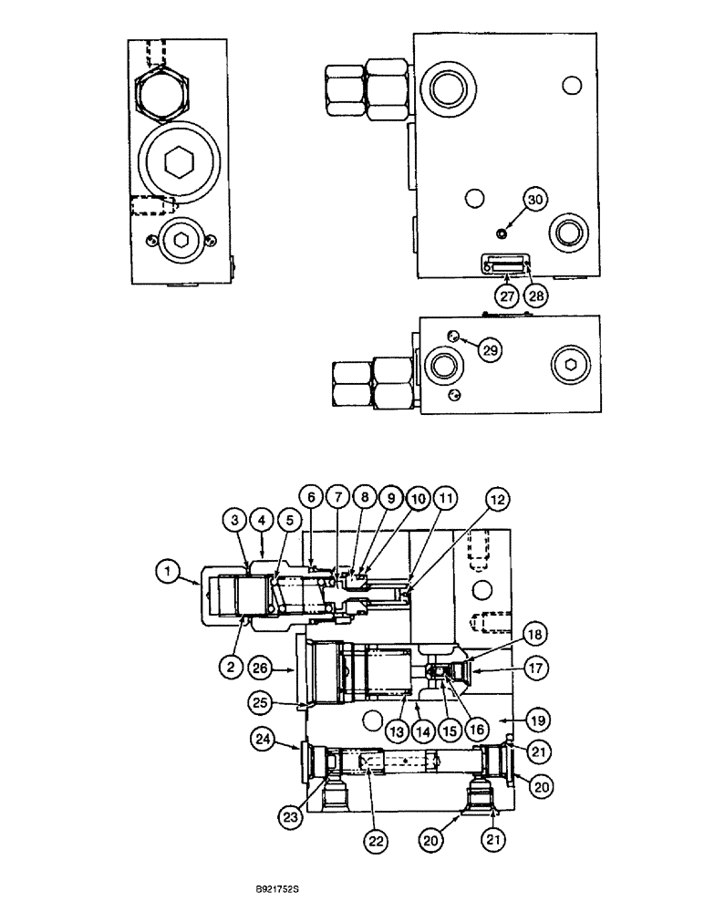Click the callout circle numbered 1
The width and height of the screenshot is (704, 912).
(167, 573)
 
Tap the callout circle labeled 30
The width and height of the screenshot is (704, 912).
(535, 200)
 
